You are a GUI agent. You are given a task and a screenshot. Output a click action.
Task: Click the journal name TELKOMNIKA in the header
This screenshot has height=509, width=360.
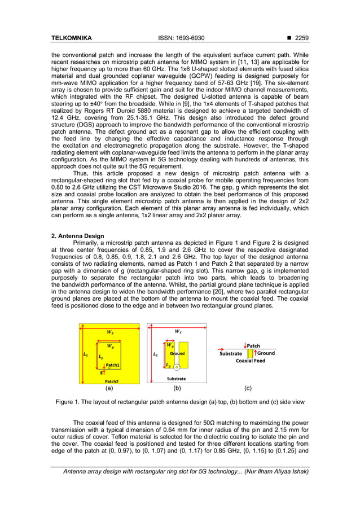click(x=71, y=38)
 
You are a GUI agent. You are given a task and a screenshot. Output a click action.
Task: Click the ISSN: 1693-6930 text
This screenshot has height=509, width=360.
click(x=180, y=38)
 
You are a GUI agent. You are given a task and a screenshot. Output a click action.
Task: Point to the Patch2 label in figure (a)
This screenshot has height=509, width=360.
click(x=111, y=381)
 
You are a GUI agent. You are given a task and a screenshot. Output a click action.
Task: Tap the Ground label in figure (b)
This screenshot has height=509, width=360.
click(x=177, y=354)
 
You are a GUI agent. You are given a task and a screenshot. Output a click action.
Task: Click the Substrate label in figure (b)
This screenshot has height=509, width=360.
click(x=177, y=379)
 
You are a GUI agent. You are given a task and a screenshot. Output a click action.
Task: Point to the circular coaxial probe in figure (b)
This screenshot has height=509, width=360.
click(x=177, y=366)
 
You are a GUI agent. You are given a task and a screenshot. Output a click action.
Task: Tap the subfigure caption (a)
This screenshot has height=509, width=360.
click(x=109, y=388)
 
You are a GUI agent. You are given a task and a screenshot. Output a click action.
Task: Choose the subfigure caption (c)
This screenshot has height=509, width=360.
click(x=248, y=388)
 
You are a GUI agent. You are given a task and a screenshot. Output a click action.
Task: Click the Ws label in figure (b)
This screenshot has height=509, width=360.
click(x=178, y=332)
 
